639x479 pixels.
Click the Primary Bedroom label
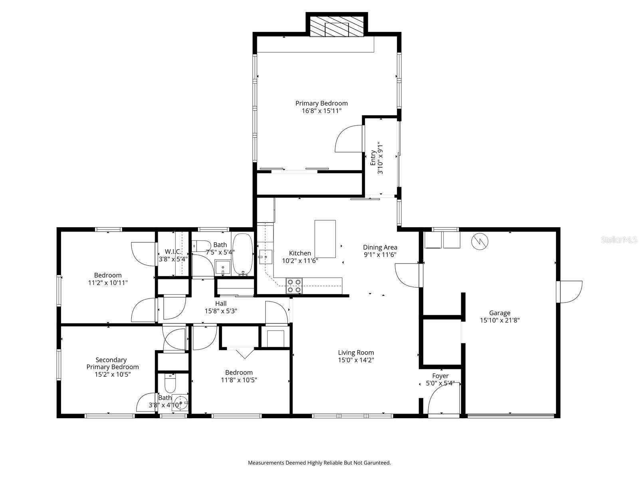tap(321, 103)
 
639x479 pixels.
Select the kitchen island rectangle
tap(325, 239)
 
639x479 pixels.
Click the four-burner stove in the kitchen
tap(294, 286)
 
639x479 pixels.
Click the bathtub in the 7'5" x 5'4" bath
tap(242, 254)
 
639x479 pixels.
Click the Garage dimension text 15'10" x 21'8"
tap(500, 320)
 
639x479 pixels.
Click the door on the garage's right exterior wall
tap(570, 291)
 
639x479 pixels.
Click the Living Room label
tap(356, 352)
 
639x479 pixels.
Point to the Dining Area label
tap(380, 247)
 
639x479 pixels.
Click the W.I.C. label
tap(173, 252)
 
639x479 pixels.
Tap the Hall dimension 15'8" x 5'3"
tap(221, 311)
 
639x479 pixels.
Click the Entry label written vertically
tap(373, 158)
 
